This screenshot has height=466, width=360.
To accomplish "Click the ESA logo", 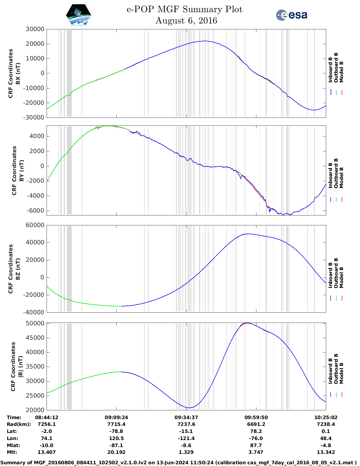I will [x=291, y=15].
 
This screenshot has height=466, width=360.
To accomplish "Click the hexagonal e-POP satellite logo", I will [x=79, y=15].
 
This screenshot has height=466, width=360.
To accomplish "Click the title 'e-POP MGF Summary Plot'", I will [x=184, y=9].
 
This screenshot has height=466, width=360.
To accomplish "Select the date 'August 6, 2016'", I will [x=186, y=21].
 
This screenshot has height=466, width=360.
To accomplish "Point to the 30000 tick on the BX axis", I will [x=35, y=29].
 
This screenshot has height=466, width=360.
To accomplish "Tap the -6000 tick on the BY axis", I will [x=35, y=211].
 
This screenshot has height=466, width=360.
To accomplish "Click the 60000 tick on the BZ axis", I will [x=35, y=225].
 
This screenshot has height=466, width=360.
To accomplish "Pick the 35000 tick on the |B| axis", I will [x=35, y=367].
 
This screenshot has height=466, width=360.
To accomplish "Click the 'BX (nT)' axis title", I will [x=18, y=73].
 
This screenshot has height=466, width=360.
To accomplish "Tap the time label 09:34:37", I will [x=186, y=417].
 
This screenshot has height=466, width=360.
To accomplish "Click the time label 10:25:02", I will [x=326, y=417].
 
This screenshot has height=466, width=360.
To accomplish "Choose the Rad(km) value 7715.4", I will [x=116, y=424].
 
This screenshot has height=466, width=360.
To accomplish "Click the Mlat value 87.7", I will [x=256, y=445].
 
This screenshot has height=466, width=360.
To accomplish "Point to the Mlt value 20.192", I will [x=116, y=452].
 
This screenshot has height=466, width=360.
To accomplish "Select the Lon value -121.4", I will [x=186, y=438].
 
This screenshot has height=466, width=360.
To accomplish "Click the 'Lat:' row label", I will [x=12, y=431].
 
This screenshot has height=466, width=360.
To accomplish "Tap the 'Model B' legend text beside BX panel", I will [x=341, y=72].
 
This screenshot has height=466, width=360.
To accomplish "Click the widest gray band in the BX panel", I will [x=69, y=73].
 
